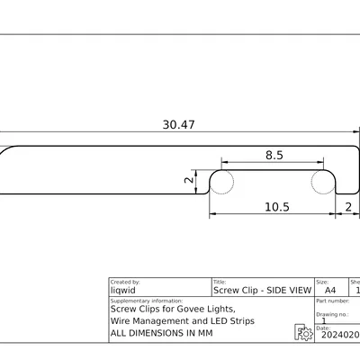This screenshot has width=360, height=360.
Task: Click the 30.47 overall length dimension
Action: pos(178,125)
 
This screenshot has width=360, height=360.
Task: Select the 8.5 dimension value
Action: pos(274,155)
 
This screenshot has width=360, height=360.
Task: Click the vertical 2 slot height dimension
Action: pos(188,180)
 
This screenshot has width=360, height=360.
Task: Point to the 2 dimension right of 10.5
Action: pos(348,207)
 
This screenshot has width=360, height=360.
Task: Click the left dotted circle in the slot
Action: pos(222,181)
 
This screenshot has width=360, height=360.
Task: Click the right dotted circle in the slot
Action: pos(322,181)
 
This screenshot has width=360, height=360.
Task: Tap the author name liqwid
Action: pos(124,291)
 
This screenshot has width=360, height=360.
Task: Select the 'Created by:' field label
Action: pos(125,282)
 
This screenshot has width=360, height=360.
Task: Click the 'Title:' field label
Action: pos(220,282)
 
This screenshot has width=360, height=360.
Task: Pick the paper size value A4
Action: pos(329,291)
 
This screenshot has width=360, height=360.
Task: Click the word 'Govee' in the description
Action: pos(190,309)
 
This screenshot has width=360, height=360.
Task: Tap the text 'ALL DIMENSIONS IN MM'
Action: pos(161,333)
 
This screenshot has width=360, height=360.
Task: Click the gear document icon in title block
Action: pos(304,333)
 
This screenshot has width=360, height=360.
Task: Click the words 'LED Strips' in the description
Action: pos(231,320)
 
